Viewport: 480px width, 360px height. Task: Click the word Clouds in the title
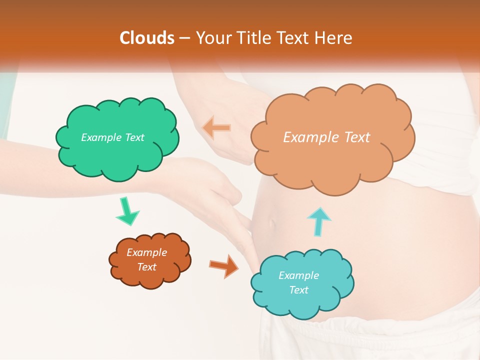click(x=147, y=38)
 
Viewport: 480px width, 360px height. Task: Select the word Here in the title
click(x=335, y=38)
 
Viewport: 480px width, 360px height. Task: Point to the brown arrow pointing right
click(x=224, y=265)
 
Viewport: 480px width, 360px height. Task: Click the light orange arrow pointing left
click(x=216, y=128)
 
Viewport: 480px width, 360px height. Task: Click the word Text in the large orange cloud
click(x=353, y=137)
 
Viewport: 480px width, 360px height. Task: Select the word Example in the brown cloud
click(x=146, y=252)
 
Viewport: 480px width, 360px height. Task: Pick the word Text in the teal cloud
click(x=298, y=290)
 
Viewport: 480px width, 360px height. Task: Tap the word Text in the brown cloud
click(x=146, y=267)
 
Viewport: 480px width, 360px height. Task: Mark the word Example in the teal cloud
click(x=298, y=275)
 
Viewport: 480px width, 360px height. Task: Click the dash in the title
click(x=184, y=38)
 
